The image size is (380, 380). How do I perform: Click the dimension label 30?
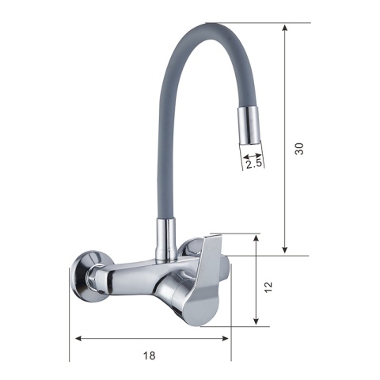pos(299,149)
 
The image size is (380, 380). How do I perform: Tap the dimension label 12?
pos(268,287)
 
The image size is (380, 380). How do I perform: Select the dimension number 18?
pos(150,355)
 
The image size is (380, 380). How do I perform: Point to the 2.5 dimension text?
pos(253,164)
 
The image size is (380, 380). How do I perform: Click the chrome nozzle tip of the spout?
pos(249,126)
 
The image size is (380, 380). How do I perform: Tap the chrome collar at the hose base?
pos(166,240)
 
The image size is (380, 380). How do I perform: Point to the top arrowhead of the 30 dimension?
pos(284,28)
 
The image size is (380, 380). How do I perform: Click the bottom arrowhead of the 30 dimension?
pos(284,249)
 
